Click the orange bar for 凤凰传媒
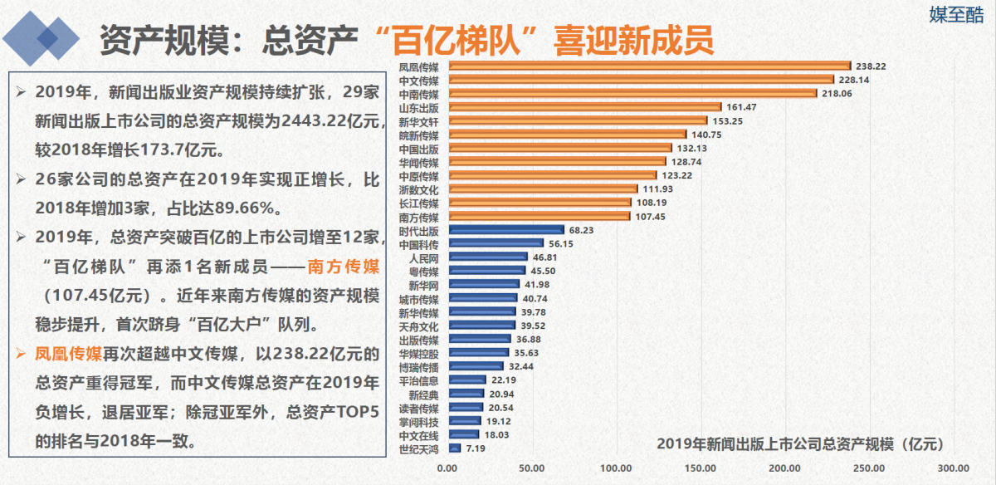coord(649,66)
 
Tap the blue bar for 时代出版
coord(505,229)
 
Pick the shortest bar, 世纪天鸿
coord(454,448)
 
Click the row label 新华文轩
coord(418,121)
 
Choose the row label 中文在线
coord(418,434)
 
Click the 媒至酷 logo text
coord(954,15)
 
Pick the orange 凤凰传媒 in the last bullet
coord(68,353)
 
